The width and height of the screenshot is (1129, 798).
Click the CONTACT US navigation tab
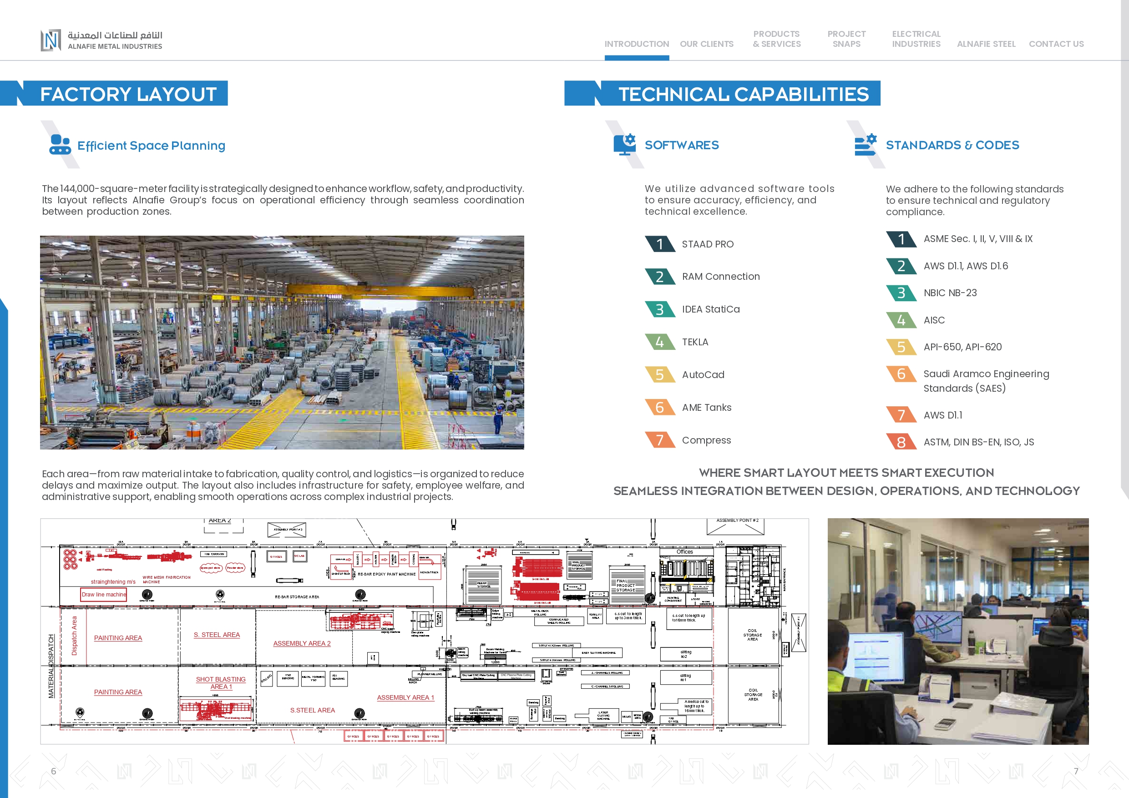tap(1056, 44)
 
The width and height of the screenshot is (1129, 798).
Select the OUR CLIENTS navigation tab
tap(706, 44)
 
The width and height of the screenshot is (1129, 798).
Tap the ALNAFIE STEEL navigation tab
tap(986, 44)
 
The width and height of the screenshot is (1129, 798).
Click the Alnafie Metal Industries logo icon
tap(51, 40)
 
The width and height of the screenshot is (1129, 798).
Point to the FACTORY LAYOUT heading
tap(128, 94)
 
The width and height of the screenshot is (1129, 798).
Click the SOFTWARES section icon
tap(624, 145)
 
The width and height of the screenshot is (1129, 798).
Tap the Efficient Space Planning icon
tap(60, 145)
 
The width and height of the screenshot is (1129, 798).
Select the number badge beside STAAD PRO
tap(659, 244)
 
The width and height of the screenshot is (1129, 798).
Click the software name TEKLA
tap(695, 342)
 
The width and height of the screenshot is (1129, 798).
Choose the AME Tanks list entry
tap(706, 408)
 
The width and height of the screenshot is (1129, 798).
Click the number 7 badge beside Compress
tap(659, 440)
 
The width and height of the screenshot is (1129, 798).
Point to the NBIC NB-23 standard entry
tap(950, 293)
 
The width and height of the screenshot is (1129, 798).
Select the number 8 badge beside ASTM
tap(901, 442)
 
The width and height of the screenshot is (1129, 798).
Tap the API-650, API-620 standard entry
tap(962, 347)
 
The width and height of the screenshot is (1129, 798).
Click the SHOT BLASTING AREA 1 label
tap(221, 683)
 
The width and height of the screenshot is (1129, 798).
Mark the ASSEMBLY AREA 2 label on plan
tap(302, 643)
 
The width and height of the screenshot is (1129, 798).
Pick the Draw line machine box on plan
tap(104, 595)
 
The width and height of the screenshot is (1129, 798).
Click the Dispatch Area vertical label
tap(74, 636)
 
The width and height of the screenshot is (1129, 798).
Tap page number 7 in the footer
tap(1076, 771)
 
